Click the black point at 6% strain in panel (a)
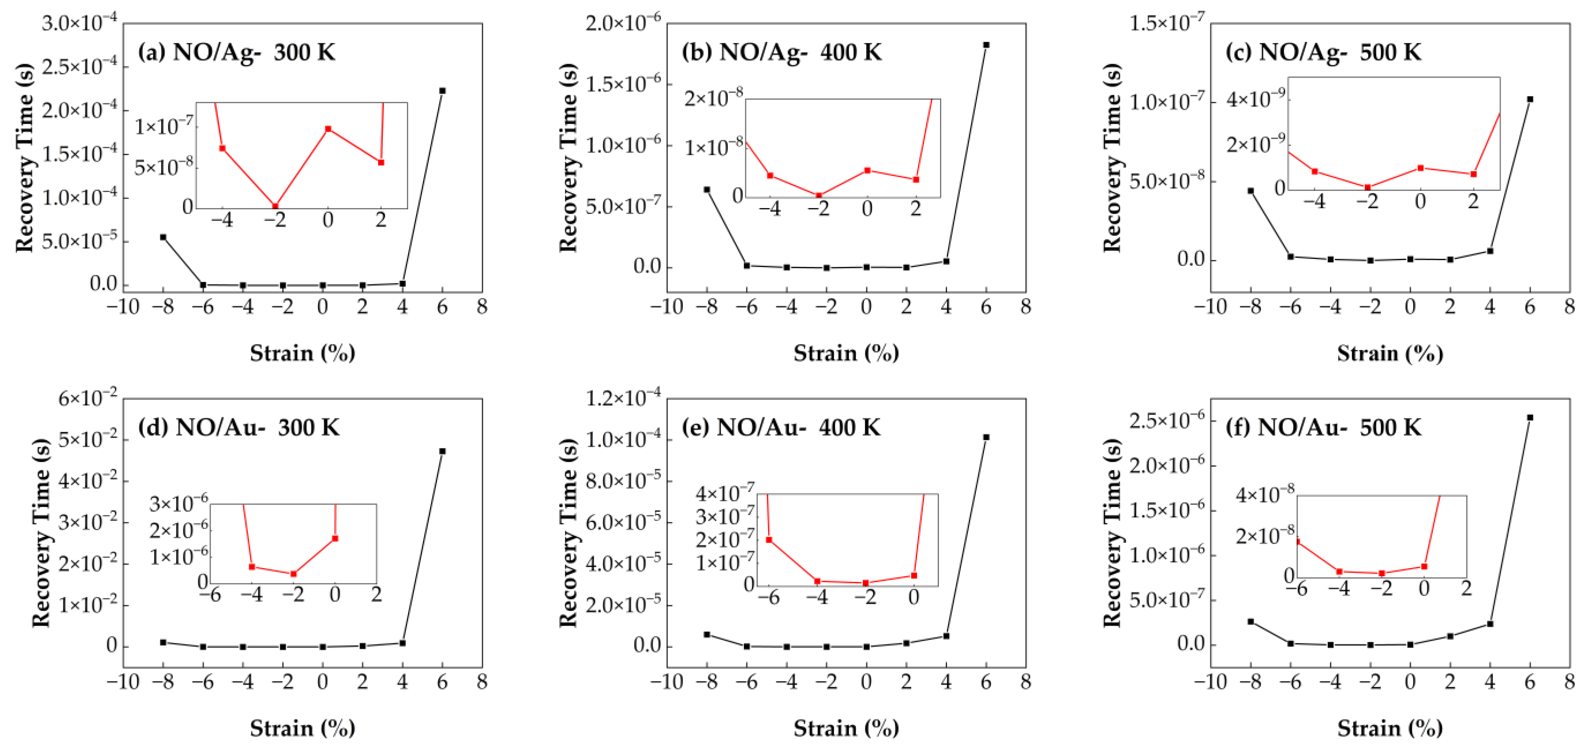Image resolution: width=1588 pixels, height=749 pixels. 442,91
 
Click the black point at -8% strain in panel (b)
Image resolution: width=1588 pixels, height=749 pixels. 707,190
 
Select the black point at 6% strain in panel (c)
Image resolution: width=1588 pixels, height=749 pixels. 1530,99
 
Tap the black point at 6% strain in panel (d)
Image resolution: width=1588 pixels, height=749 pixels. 442,451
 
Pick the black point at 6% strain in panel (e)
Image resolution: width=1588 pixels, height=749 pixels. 986,437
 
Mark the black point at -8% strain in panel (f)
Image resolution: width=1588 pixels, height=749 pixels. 1251,621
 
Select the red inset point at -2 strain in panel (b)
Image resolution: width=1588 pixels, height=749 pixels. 819,195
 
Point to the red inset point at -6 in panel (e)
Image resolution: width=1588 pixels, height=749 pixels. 769,540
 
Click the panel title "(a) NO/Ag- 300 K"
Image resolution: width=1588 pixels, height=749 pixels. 237,52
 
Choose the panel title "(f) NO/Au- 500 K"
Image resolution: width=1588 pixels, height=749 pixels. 1324,428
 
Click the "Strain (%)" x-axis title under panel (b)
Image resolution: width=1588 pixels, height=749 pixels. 846,353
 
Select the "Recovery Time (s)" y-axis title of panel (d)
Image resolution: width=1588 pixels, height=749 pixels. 41,532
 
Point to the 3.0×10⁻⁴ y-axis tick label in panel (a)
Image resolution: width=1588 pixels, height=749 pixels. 80,23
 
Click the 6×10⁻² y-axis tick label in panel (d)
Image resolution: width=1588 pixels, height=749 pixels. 88,399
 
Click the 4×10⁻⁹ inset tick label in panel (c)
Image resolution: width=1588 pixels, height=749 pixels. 1256,99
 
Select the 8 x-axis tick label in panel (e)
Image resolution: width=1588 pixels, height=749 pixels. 1025,681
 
